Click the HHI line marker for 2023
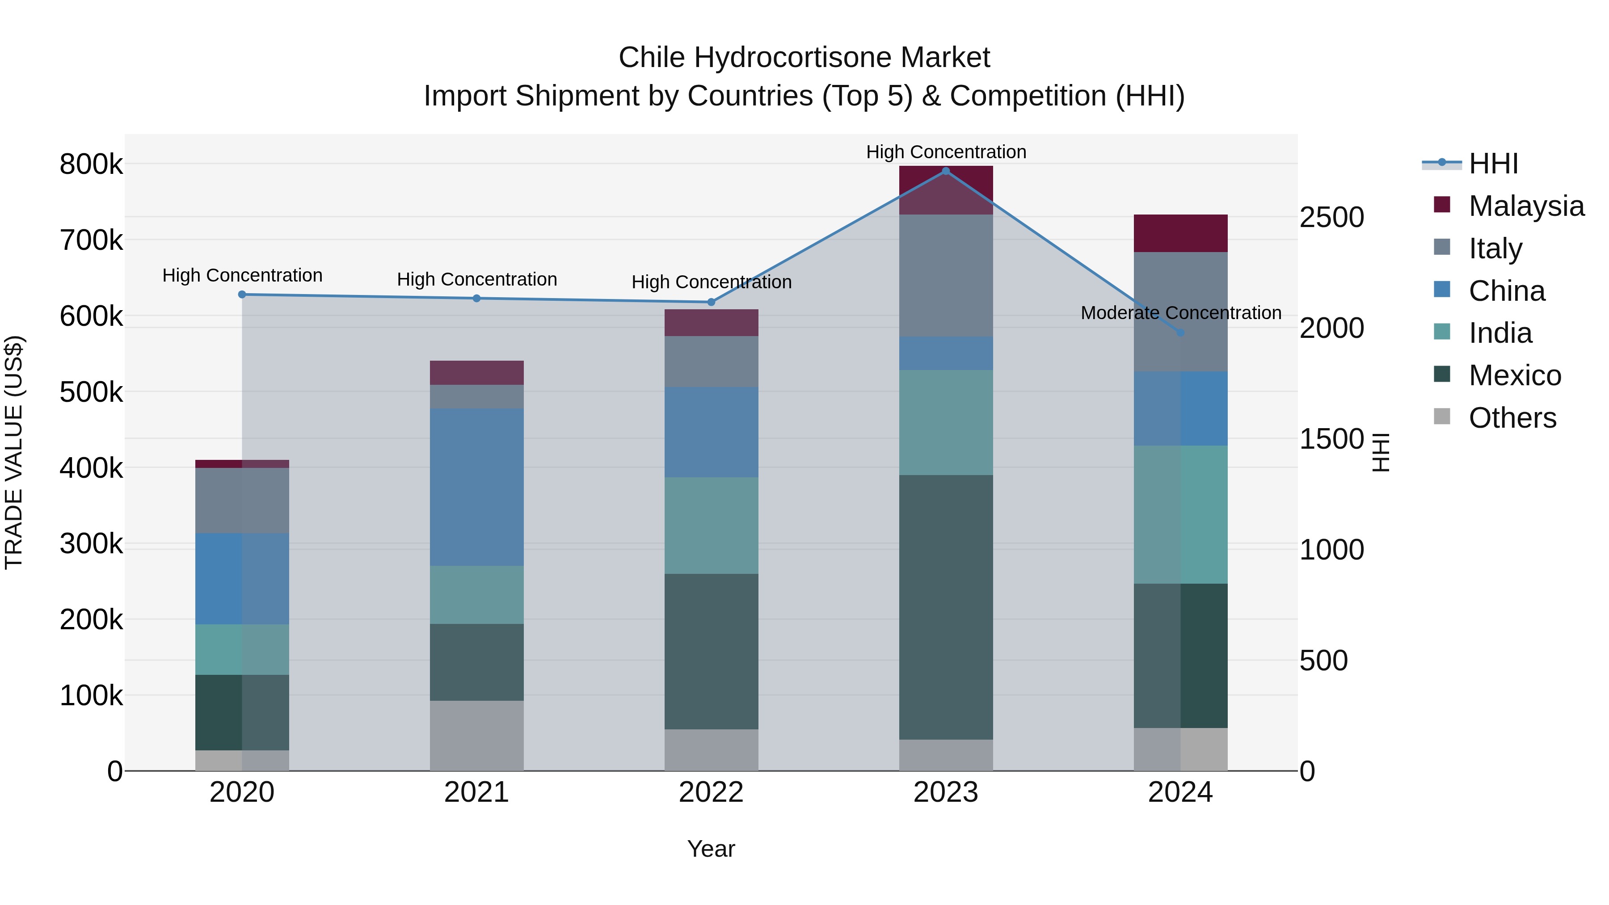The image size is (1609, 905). (x=946, y=171)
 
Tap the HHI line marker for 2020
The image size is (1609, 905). (x=242, y=294)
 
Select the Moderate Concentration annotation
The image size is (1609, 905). (x=1180, y=313)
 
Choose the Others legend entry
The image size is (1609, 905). (x=1512, y=418)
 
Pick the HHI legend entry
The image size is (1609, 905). (x=1493, y=164)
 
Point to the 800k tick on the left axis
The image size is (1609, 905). (x=91, y=165)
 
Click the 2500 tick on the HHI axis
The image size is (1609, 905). (x=1332, y=218)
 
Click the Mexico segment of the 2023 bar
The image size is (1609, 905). (x=946, y=607)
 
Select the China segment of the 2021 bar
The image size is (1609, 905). (x=476, y=487)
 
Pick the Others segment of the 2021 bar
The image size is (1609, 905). (x=476, y=735)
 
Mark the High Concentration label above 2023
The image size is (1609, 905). (x=946, y=152)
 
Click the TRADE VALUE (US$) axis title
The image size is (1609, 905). (x=14, y=452)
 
